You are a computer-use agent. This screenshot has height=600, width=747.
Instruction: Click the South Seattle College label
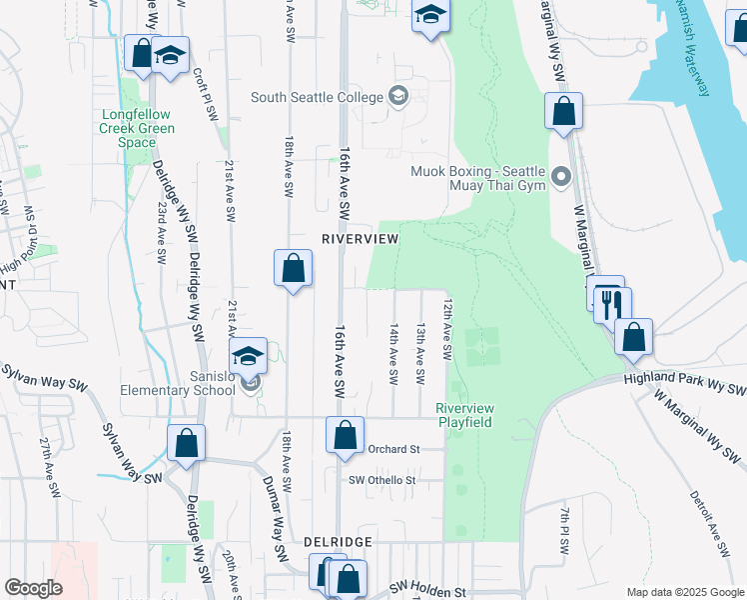[318, 97]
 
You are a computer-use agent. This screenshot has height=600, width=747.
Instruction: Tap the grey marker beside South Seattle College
[398, 96]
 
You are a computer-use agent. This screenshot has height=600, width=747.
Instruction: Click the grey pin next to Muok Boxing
[561, 178]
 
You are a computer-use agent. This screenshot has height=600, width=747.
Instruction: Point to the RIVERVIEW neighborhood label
[360, 239]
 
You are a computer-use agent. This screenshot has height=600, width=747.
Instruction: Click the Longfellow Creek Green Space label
[138, 128]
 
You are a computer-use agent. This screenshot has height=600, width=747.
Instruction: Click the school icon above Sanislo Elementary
[248, 355]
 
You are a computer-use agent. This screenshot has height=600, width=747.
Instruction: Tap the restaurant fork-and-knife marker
[612, 303]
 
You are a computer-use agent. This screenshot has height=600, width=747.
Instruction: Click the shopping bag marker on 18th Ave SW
[293, 268]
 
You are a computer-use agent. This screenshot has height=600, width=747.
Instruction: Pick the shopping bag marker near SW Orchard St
[345, 436]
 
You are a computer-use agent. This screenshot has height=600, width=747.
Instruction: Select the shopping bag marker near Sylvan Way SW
[186, 443]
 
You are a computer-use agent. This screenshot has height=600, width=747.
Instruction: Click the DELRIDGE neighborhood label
[338, 541]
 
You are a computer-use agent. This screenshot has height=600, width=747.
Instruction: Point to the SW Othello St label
[381, 481]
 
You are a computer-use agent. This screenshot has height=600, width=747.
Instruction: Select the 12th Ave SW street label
[448, 330]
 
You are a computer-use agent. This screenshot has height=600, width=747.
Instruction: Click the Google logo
[33, 587]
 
